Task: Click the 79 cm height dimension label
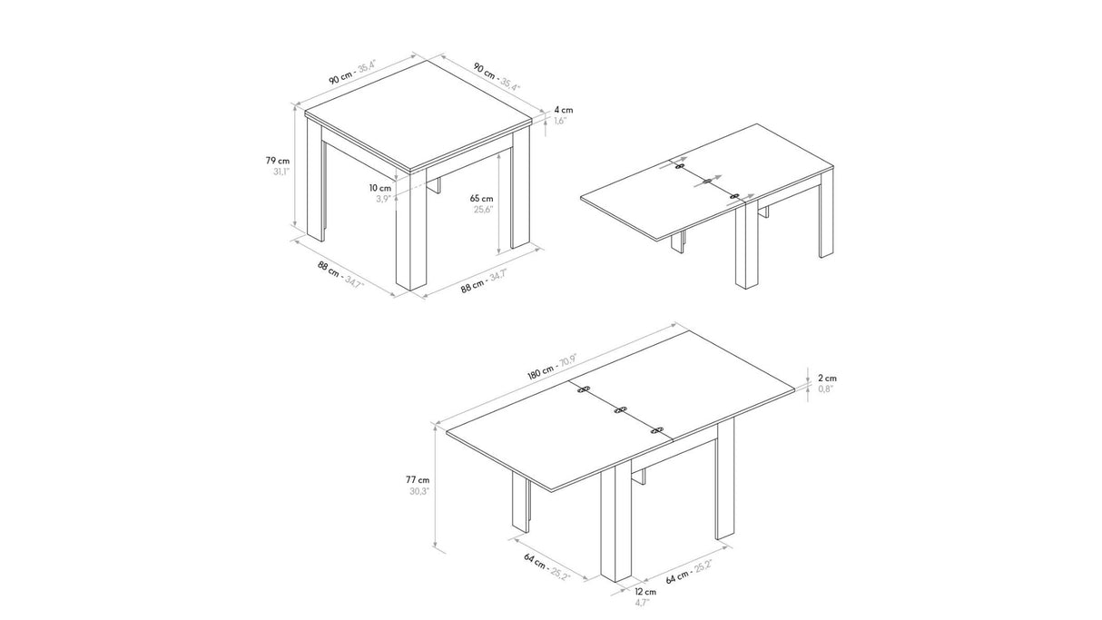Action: click(278, 161)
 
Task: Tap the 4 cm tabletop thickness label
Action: click(564, 110)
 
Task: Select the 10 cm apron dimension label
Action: click(380, 188)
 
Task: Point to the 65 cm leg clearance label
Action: click(482, 199)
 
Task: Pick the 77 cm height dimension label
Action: click(418, 479)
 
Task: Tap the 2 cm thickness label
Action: click(828, 379)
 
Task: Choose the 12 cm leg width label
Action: click(645, 592)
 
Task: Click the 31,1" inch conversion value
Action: click(281, 172)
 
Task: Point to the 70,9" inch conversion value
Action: click(567, 359)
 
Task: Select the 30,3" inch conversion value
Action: click(419, 491)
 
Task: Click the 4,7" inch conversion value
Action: click(642, 603)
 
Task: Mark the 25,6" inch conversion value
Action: click(484, 210)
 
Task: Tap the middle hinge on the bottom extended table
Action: click(621, 409)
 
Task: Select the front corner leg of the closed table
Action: click(411, 230)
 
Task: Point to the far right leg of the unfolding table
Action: click(826, 214)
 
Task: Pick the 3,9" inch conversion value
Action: click(384, 199)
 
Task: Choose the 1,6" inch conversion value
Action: click(561, 121)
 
